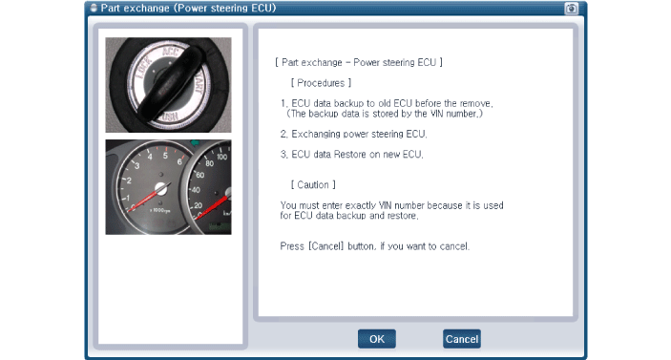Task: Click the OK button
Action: click(x=377, y=339)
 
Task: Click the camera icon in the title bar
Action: click(x=571, y=9)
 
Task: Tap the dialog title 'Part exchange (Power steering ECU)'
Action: click(x=188, y=9)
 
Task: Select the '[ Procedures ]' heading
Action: click(x=321, y=83)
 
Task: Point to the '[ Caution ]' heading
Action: click(x=313, y=185)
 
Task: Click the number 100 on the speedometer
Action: click(x=221, y=158)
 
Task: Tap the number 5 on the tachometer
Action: click(x=165, y=156)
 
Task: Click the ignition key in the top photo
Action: click(x=170, y=83)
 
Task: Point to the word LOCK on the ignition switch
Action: click(x=143, y=69)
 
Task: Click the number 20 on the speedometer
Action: click(x=198, y=205)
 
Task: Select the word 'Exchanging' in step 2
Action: click(x=315, y=135)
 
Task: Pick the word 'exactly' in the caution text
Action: click(x=361, y=206)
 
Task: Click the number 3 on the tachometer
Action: click(x=136, y=165)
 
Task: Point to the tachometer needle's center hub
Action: click(x=161, y=188)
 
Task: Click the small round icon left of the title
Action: click(x=94, y=9)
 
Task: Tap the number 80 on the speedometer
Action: click(x=209, y=163)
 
